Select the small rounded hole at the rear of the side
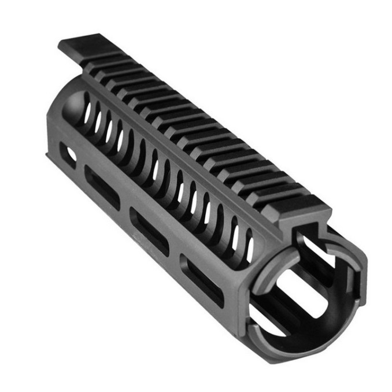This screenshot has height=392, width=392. (x=69, y=156)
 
